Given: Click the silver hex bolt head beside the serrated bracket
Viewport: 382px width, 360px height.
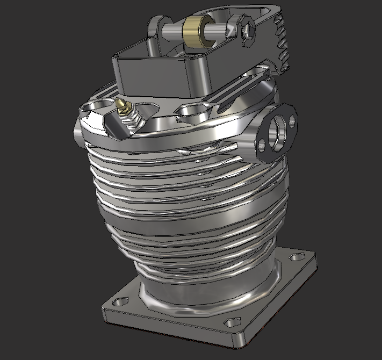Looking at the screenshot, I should pyautogui.click(x=247, y=33).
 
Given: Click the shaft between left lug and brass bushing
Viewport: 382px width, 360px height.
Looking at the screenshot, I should pyautogui.click(x=173, y=30).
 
